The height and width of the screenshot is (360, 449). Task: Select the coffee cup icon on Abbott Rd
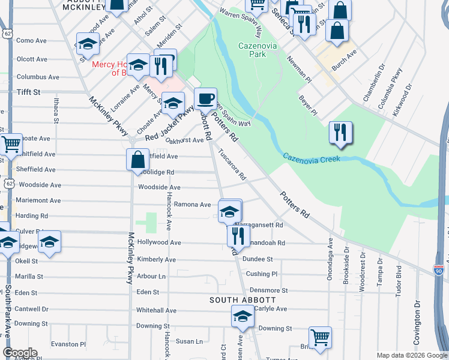click(x=205, y=99)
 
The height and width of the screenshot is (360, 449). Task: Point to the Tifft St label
click(x=28, y=92)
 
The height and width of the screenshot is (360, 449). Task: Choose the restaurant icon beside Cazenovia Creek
click(x=340, y=133)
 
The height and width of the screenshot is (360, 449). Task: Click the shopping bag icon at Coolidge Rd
click(x=137, y=160)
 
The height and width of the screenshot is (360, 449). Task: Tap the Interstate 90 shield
click(x=439, y=271)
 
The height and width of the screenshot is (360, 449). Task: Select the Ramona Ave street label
click(x=192, y=205)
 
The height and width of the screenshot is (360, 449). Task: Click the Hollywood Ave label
click(x=159, y=242)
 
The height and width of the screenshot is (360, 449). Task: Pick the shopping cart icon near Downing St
click(x=320, y=337)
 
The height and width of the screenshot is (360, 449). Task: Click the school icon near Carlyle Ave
click(x=243, y=316)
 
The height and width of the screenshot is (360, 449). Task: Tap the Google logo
click(x=20, y=353)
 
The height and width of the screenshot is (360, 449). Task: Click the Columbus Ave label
click(x=38, y=77)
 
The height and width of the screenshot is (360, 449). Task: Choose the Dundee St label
click(x=259, y=259)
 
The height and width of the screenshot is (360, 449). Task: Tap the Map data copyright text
click(x=411, y=355)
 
